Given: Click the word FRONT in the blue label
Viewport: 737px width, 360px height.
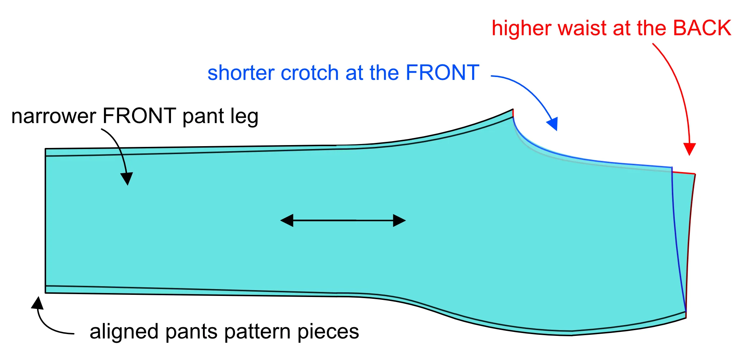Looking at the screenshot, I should pyautogui.click(x=442, y=73).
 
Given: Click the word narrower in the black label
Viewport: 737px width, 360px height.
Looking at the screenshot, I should pyautogui.click(x=54, y=116).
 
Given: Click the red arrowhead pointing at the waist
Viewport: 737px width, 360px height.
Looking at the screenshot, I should pyautogui.click(x=689, y=149).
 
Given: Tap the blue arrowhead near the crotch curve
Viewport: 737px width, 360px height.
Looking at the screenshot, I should pyautogui.click(x=553, y=123).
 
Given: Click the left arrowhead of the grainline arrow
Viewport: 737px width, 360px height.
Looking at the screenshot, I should pyautogui.click(x=287, y=220).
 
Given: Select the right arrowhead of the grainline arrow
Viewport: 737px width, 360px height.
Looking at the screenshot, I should pyautogui.click(x=399, y=220).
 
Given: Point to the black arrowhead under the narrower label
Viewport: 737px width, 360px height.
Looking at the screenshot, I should pyautogui.click(x=127, y=178).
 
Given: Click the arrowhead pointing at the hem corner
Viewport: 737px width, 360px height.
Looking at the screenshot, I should pyautogui.click(x=38, y=303).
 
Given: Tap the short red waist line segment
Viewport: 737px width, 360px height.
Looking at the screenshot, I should pyautogui.click(x=683, y=173).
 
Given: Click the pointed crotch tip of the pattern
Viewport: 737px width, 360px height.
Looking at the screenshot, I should pyautogui.click(x=512, y=109).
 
